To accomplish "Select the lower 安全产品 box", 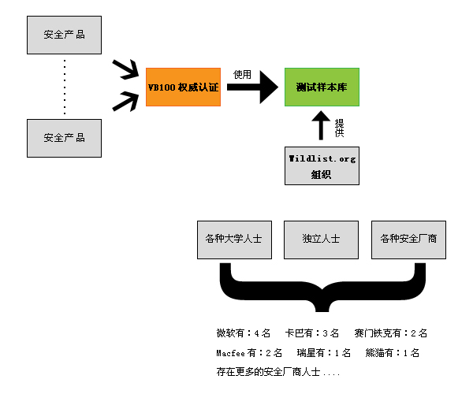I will [x=65, y=137].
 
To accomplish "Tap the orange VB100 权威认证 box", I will [x=184, y=87].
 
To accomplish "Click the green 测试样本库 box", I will [x=322, y=87].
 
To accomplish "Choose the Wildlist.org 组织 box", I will [x=322, y=165].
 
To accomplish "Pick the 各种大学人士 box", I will [x=234, y=239].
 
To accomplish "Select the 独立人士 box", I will [x=321, y=239].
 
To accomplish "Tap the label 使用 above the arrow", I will [x=243, y=74].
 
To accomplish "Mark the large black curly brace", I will [x=321, y=288].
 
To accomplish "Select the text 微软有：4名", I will [x=244, y=333].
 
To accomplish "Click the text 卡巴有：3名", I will [x=312, y=333].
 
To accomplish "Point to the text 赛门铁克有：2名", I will [x=391, y=333].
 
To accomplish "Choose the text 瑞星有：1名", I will [x=324, y=352].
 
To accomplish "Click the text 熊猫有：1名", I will [x=393, y=352].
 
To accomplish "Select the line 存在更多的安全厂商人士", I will [x=277, y=370].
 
